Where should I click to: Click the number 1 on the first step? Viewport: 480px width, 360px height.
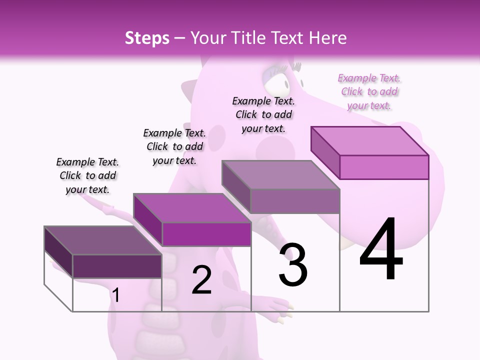point(116,295)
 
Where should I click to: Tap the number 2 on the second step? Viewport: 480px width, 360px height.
point(201,280)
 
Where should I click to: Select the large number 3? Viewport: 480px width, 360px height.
point(293,265)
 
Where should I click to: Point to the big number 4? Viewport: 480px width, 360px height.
point(381,250)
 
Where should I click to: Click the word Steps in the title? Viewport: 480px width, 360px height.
point(147,38)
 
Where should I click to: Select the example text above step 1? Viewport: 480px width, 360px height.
point(87,175)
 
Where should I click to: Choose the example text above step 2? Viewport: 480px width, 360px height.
point(174,146)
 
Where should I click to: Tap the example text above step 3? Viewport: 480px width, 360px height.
point(263,114)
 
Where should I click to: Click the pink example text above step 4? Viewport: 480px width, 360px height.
point(369,91)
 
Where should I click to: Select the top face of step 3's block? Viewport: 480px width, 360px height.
point(280,175)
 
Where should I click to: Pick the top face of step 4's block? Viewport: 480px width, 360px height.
point(369,141)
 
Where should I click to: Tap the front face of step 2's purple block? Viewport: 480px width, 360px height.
point(206,234)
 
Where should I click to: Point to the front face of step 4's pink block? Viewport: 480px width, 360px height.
point(384,167)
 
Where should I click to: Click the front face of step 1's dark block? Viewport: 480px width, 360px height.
point(117,266)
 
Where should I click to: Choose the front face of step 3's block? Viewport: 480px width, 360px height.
point(295,201)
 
